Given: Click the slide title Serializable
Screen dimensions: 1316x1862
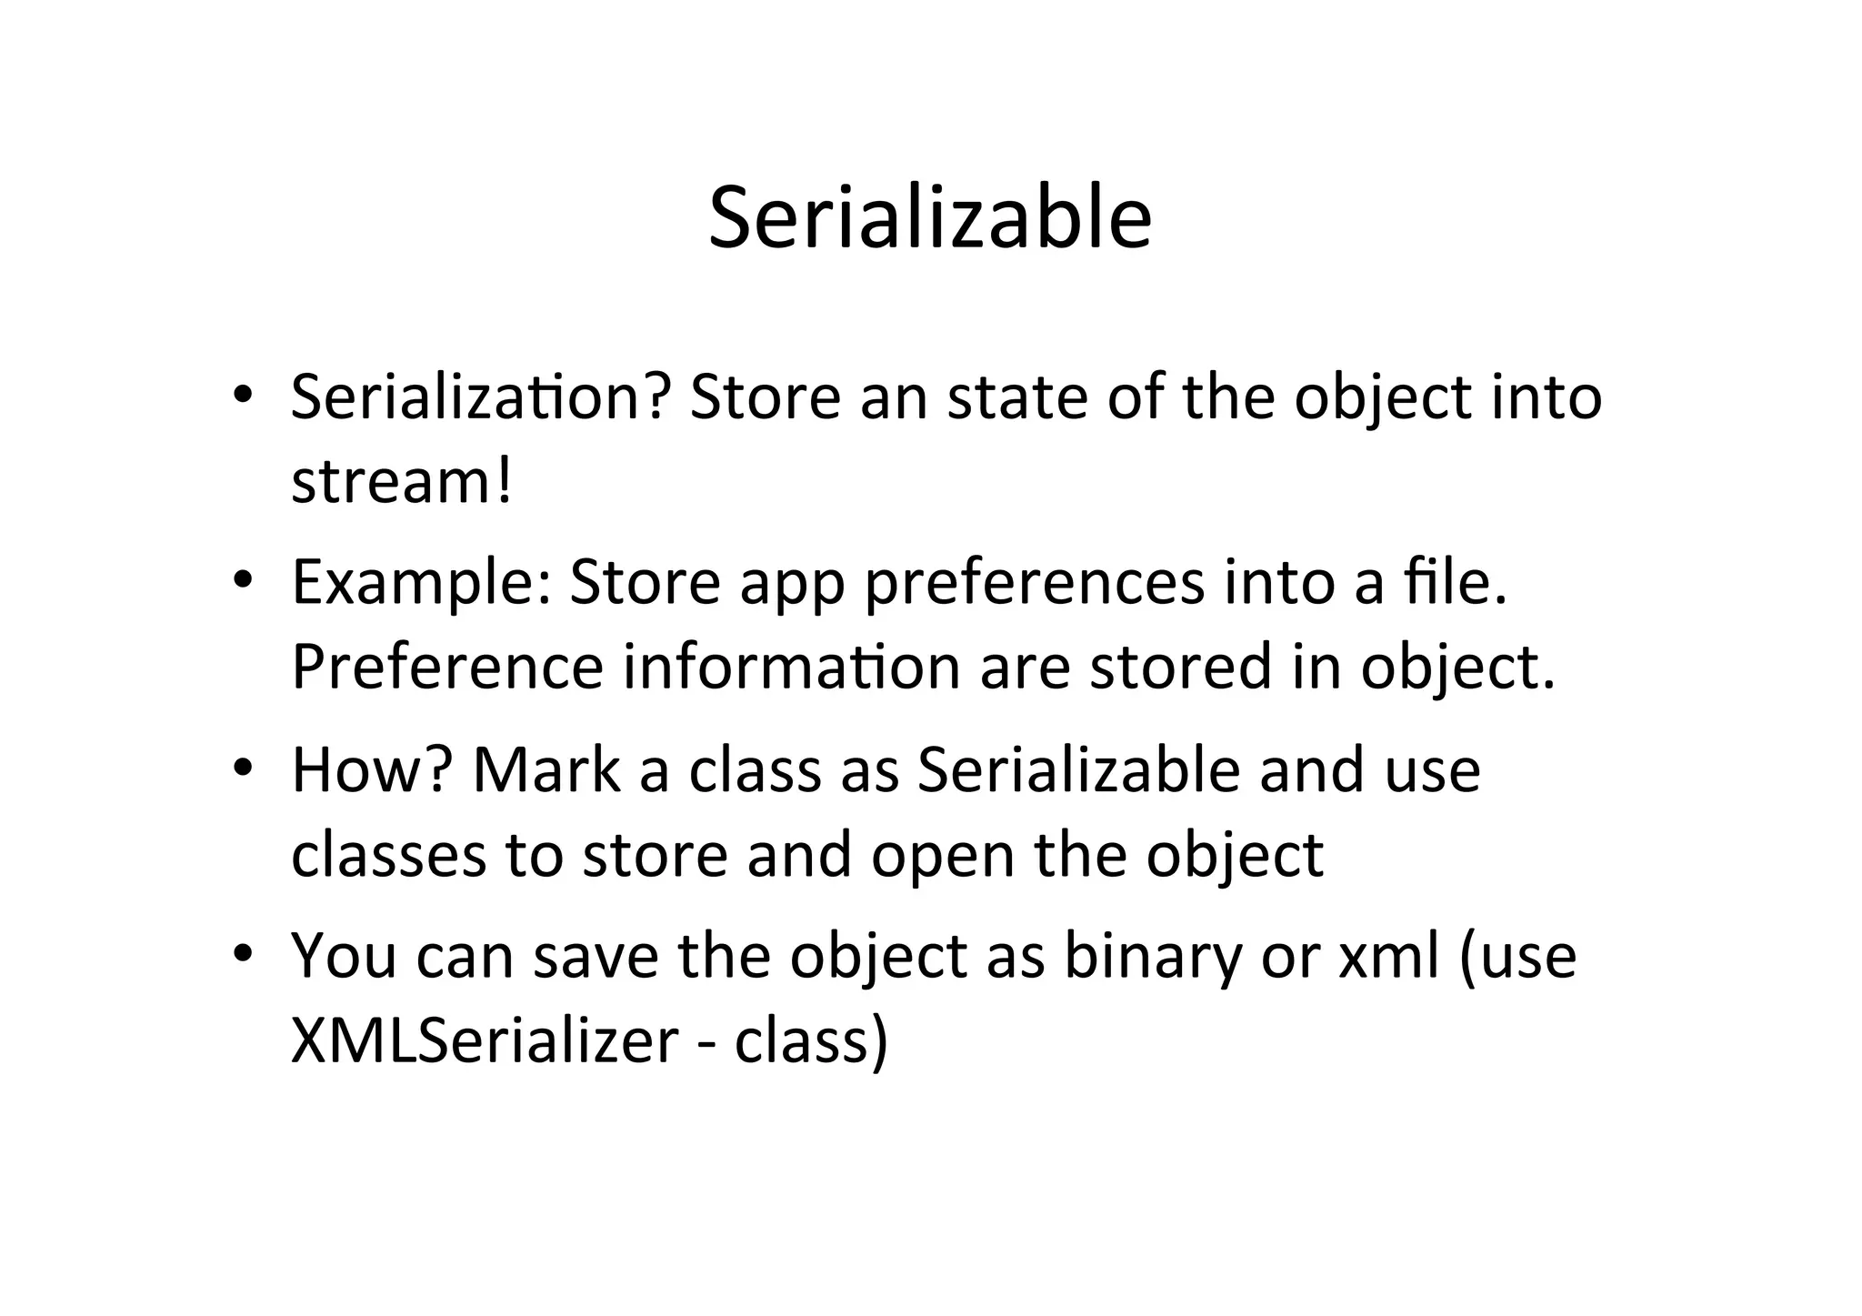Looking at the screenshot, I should pyautogui.click(x=930, y=218).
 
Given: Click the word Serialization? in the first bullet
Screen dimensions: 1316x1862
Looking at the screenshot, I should pyautogui.click(x=481, y=397).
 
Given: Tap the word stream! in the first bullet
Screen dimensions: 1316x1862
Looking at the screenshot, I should pyautogui.click(x=401, y=481).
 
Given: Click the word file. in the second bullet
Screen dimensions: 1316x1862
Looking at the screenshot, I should pyautogui.click(x=1456, y=583).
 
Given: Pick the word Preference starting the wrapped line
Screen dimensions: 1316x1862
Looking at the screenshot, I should pyautogui.click(x=446, y=667).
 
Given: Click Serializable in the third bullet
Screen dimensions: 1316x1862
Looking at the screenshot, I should pyautogui.click(x=1078, y=769).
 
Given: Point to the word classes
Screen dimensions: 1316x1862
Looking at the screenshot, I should pyautogui.click(x=388, y=855).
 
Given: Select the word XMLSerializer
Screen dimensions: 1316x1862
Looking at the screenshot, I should pyautogui.click(x=485, y=1040).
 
